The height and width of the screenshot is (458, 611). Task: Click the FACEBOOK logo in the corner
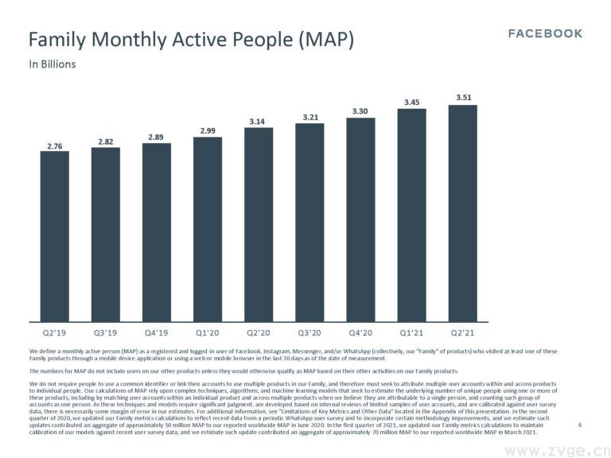pyautogui.click(x=545, y=33)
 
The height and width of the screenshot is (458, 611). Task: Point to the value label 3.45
pyautogui.click(x=412, y=102)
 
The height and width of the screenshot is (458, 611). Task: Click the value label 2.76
pyautogui.click(x=55, y=146)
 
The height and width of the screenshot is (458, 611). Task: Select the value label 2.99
pyautogui.click(x=208, y=130)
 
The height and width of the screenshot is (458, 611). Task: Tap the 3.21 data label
pyautogui.click(x=309, y=117)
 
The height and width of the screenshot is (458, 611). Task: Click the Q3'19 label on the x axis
pyautogui.click(x=106, y=334)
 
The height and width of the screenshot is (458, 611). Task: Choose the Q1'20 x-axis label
pyautogui.click(x=208, y=334)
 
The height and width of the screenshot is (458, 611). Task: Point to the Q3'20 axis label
pyautogui.click(x=309, y=334)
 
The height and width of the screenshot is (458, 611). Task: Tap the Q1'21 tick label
pyautogui.click(x=412, y=334)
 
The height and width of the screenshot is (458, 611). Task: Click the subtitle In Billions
pyautogui.click(x=53, y=64)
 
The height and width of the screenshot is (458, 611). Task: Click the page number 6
pyautogui.click(x=580, y=425)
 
